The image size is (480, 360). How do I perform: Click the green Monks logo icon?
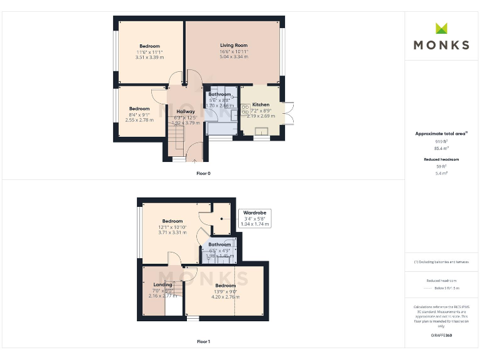click(442, 28)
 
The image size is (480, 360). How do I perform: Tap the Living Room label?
click(234, 46)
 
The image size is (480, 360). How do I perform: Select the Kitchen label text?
click(261, 105)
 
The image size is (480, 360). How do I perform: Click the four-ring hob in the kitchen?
click(245, 109)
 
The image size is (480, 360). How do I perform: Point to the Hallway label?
click(186, 111)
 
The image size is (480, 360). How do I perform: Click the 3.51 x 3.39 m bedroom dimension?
click(149, 57)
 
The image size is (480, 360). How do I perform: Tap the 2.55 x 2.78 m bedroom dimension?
click(139, 119)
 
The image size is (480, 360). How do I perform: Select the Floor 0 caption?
click(203, 173)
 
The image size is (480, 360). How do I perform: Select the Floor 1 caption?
click(203, 342)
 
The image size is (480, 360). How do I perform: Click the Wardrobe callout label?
click(255, 213)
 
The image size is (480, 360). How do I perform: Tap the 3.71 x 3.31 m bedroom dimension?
click(172, 232)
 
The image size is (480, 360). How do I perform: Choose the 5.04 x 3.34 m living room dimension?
click(234, 57)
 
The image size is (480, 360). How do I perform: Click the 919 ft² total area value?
click(442, 142)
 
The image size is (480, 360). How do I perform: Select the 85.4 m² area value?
click(442, 149)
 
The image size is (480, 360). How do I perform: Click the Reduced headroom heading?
click(442, 159)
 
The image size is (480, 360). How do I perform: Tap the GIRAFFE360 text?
click(442, 336)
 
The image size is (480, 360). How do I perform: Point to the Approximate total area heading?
click(441, 134)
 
